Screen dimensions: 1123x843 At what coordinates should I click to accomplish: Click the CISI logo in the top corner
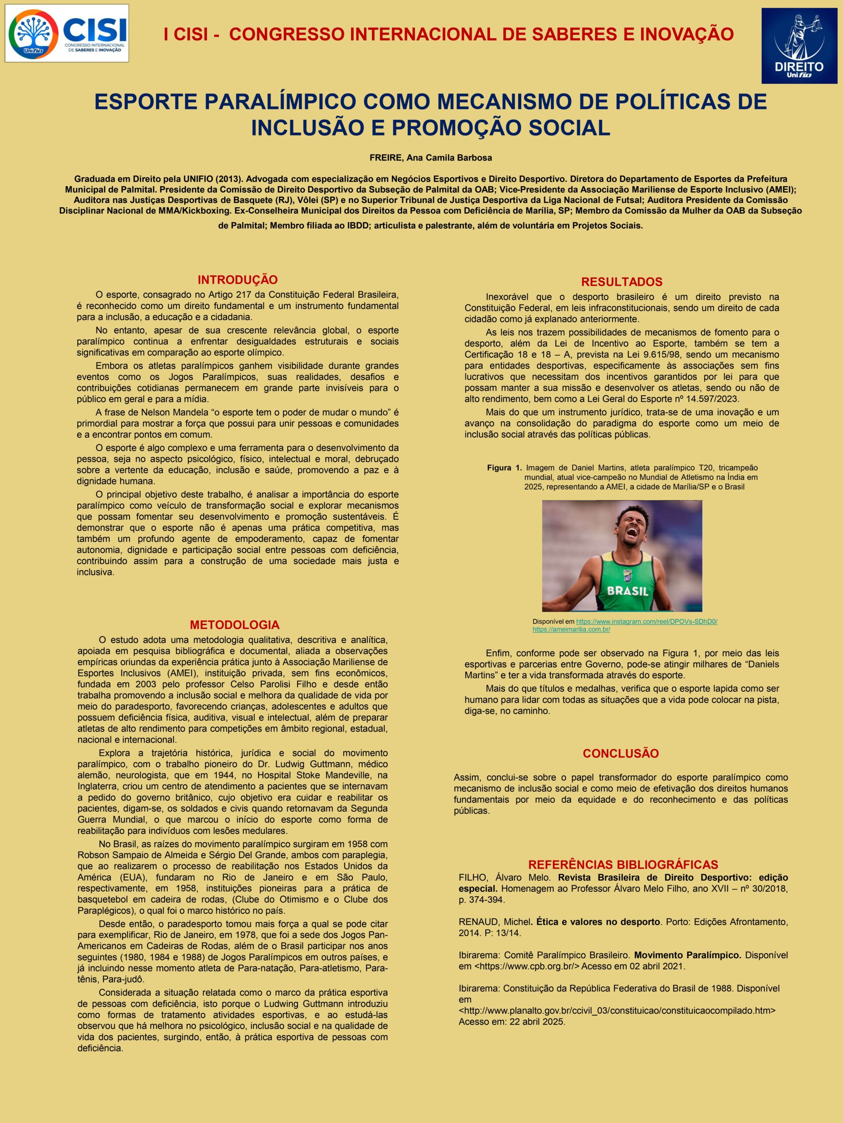tap(67, 33)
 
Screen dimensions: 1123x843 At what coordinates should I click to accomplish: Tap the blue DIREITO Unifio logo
tap(799, 46)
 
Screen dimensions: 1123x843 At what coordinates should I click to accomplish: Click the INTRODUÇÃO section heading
tap(237, 280)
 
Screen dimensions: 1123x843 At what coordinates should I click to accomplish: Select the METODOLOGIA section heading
tap(234, 625)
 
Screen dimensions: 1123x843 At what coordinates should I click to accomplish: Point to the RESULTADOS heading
tap(621, 282)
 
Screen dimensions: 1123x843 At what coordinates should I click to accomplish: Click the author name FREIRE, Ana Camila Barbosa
tap(430, 157)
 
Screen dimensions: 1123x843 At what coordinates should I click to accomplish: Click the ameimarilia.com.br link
tap(571, 629)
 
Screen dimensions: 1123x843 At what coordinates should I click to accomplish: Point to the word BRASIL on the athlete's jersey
tap(627, 591)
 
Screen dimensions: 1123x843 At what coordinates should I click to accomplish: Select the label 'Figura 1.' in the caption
tap(504, 468)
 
